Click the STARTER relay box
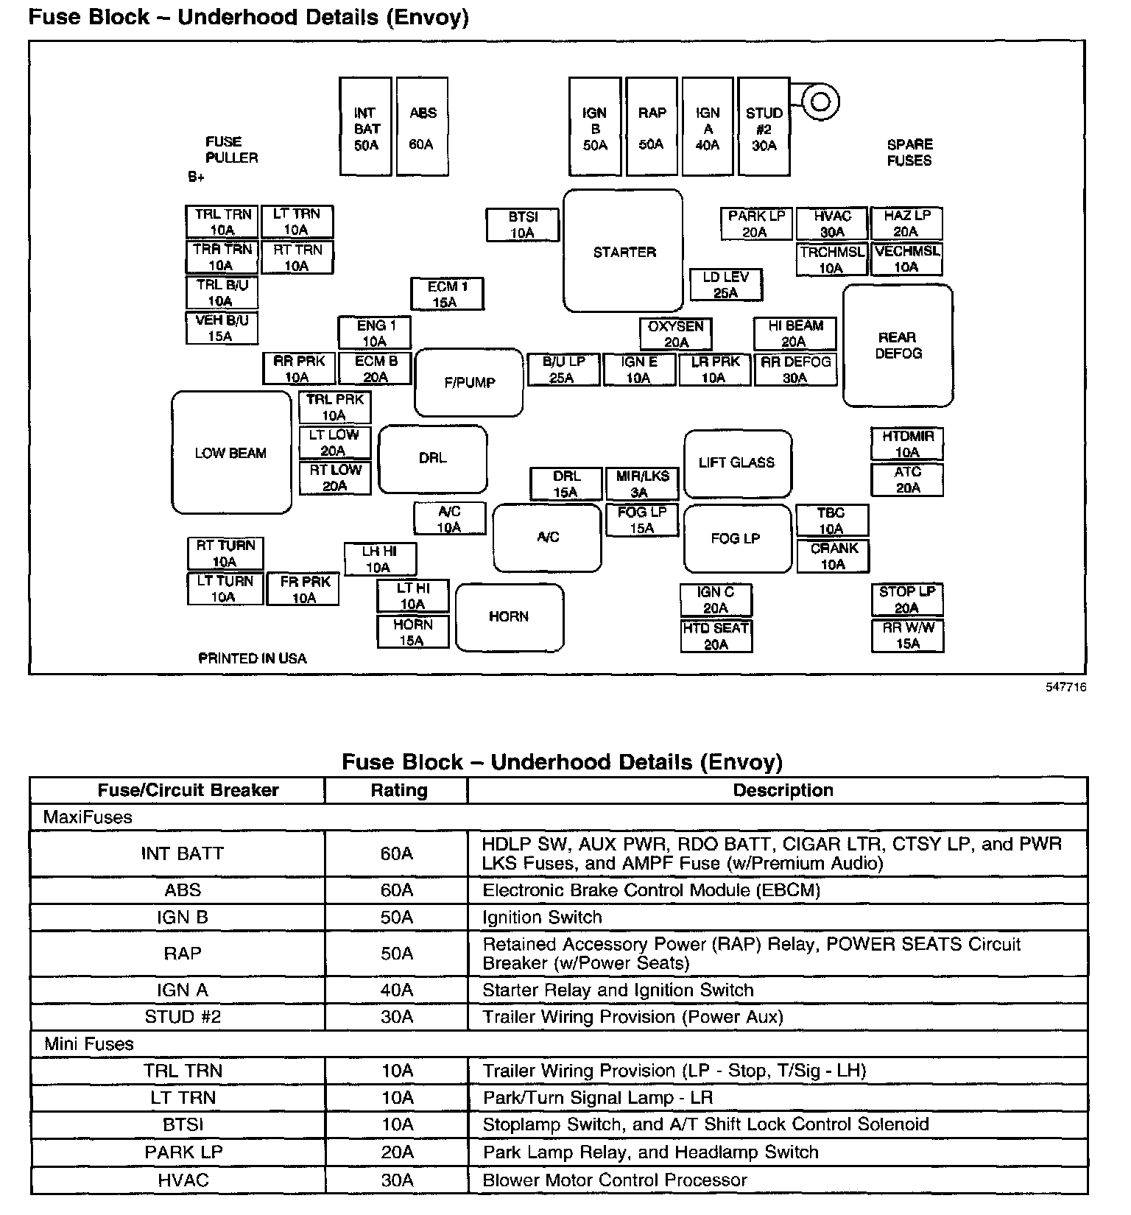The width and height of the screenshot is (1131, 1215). click(x=623, y=251)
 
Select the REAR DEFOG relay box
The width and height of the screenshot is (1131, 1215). click(x=898, y=345)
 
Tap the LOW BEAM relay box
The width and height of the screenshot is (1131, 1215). click(x=231, y=452)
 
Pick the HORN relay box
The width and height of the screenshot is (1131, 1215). click(x=510, y=617)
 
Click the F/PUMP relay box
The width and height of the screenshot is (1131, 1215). click(x=469, y=382)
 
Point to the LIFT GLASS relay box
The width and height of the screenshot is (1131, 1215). click(x=737, y=463)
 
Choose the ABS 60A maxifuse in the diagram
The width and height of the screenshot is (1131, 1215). click(x=422, y=127)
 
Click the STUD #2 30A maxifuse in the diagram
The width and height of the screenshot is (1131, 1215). click(x=764, y=127)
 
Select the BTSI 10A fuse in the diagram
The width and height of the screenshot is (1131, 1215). click(x=523, y=225)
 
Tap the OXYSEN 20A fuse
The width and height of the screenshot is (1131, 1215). click(x=676, y=334)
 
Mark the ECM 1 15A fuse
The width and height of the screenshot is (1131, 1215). click(x=447, y=294)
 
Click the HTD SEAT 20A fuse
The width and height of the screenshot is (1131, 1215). click(x=716, y=636)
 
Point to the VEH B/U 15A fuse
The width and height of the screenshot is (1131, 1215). click(x=222, y=328)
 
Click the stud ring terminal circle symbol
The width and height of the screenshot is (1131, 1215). click(x=820, y=101)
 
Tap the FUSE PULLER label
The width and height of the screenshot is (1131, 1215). click(x=231, y=149)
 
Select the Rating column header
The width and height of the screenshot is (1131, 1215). click(x=398, y=790)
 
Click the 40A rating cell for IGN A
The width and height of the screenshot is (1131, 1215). click(x=397, y=990)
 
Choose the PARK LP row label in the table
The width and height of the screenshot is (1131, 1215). click(x=183, y=1152)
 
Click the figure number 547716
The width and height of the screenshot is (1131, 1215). click(x=1065, y=687)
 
